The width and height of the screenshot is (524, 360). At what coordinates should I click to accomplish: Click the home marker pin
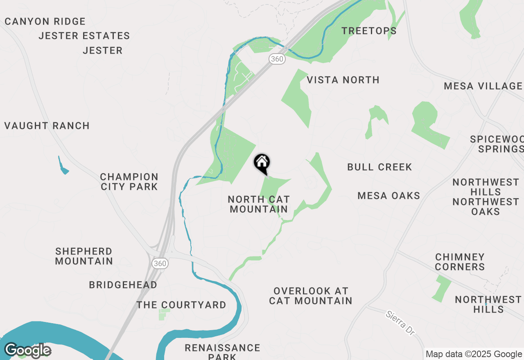click(262, 163)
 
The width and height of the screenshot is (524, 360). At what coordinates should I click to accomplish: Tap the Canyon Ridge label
click(45, 21)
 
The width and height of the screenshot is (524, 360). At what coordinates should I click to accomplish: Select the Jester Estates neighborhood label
click(84, 36)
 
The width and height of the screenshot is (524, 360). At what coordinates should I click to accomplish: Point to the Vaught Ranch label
click(47, 126)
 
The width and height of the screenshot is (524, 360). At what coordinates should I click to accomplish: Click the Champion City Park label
click(129, 182)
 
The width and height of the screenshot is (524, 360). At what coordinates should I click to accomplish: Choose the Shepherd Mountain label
click(84, 256)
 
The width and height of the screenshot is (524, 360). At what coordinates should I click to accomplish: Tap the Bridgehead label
click(123, 285)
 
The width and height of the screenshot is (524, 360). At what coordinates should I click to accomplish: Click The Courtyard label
click(181, 305)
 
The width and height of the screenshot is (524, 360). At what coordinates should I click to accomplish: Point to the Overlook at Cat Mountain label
click(311, 296)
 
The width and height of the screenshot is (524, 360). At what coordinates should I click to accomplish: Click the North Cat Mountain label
click(259, 204)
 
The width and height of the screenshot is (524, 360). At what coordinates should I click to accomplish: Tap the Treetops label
click(369, 31)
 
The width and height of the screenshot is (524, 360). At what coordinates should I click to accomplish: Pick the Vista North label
click(343, 80)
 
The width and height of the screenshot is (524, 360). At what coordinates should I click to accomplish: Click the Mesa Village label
click(483, 86)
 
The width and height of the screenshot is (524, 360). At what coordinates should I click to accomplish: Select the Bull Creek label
click(379, 167)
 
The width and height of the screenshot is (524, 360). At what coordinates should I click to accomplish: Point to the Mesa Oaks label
click(389, 196)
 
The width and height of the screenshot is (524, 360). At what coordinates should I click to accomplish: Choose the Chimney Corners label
click(460, 262)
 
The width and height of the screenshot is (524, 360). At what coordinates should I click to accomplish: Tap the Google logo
click(27, 351)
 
